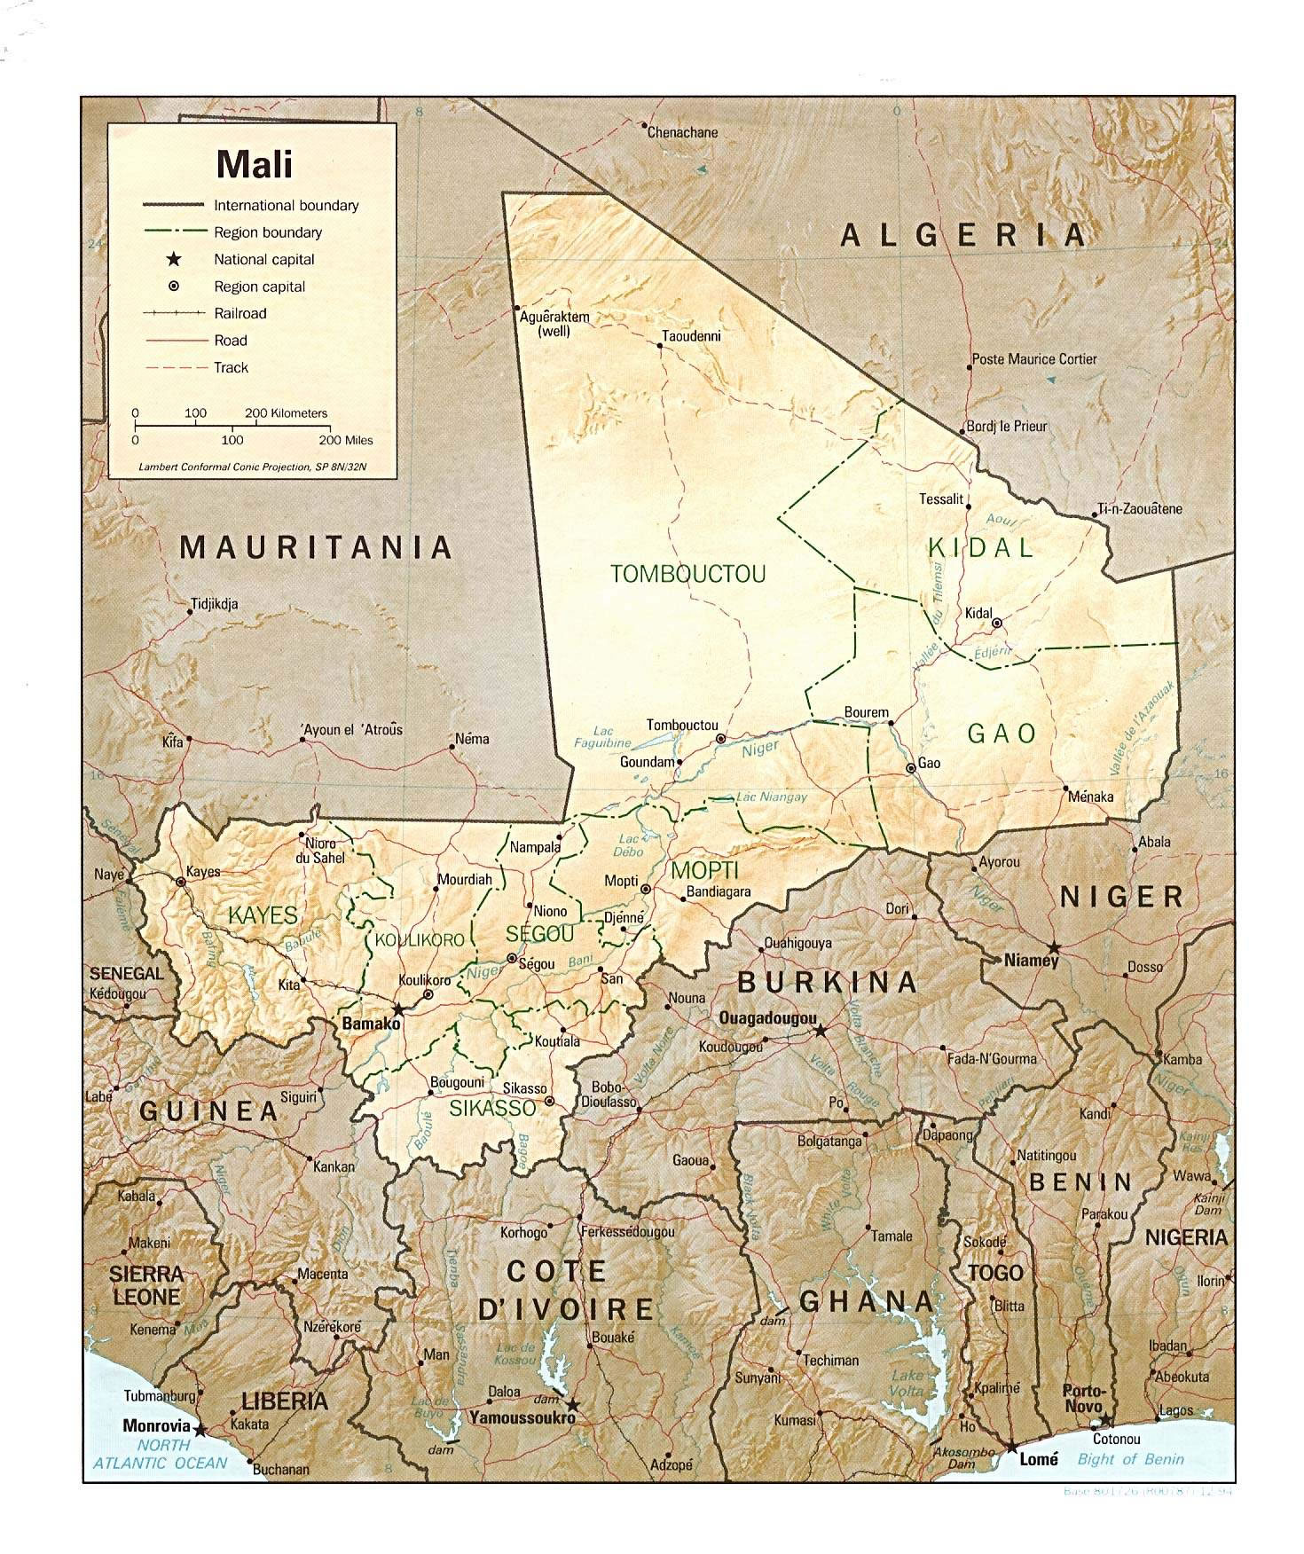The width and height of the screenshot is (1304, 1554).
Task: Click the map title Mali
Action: click(x=254, y=164)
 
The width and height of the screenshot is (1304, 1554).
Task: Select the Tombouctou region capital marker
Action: click(x=721, y=738)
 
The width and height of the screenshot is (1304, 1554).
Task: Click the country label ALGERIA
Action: click(x=963, y=235)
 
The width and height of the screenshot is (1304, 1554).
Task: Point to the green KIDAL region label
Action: click(x=980, y=547)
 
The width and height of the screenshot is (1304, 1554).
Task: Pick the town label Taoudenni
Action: click(x=691, y=336)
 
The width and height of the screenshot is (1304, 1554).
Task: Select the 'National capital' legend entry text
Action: click(x=263, y=260)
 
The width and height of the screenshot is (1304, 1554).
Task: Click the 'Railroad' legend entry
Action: click(x=240, y=313)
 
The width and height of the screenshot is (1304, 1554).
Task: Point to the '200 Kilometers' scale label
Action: click(x=286, y=413)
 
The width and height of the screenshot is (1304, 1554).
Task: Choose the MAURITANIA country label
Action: click(x=317, y=547)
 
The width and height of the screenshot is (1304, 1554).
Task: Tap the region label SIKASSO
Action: click(x=492, y=1108)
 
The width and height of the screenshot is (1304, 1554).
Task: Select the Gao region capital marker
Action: click(x=910, y=768)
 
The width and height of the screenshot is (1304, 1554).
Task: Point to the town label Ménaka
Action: click(x=1090, y=797)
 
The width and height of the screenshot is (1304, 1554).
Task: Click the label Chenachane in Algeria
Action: click(x=682, y=132)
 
